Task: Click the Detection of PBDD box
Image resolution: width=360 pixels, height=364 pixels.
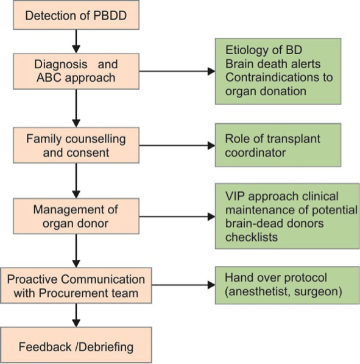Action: pyautogui.click(x=76, y=15)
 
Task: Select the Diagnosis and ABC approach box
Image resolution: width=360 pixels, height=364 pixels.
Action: pyautogui.click(x=76, y=71)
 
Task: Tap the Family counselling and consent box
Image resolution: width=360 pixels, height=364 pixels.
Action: pyautogui.click(x=76, y=145)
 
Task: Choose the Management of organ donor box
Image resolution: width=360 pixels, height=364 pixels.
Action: pyautogui.click(x=76, y=216)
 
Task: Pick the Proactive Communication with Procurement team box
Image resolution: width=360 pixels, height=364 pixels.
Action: pyautogui.click(x=76, y=285)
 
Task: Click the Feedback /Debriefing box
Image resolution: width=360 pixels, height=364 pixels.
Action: pyautogui.click(x=76, y=345)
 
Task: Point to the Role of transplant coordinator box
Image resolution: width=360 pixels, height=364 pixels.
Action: pyautogui.click(x=278, y=145)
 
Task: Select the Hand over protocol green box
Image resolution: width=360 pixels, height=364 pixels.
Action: pyautogui.click(x=288, y=285)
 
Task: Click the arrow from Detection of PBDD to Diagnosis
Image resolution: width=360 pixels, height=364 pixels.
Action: pyautogui.click(x=76, y=41)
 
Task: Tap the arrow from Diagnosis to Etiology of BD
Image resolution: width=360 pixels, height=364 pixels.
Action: pyautogui.click(x=177, y=71)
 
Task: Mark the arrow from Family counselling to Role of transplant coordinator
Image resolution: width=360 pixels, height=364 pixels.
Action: pyautogui.click(x=177, y=146)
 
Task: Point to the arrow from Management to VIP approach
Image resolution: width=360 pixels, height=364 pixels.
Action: pyautogui.click(x=177, y=216)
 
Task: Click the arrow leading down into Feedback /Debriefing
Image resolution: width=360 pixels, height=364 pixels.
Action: pyautogui.click(x=76, y=315)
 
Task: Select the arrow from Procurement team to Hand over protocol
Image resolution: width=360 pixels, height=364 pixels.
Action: pyautogui.click(x=183, y=285)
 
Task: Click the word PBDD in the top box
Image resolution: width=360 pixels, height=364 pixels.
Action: pyautogui.click(x=110, y=16)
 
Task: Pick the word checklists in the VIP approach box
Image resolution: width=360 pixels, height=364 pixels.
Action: pyautogui.click(x=252, y=237)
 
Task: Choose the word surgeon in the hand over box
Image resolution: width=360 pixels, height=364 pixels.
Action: pyautogui.click(x=316, y=292)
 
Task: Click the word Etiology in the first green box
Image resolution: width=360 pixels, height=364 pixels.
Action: pyautogui.click(x=247, y=51)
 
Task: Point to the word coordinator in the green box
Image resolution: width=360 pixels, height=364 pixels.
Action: pyautogui.click(x=255, y=153)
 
